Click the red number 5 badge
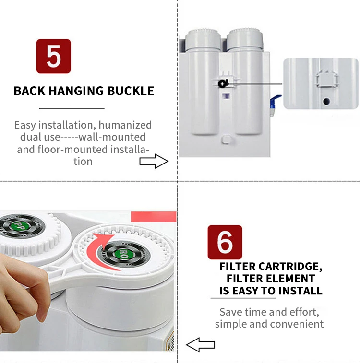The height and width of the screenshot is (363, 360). [x=53, y=56]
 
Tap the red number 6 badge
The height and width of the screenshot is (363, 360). [x=225, y=242]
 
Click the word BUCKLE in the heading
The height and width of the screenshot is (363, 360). [x=131, y=91]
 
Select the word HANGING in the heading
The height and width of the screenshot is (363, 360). [x=76, y=91]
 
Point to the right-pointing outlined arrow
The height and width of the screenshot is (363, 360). [x=154, y=161]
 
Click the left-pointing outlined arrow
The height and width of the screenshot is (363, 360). [x=201, y=345]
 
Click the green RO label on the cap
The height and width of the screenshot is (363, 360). [x=123, y=254]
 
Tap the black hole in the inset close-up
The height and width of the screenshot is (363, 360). [x=326, y=101]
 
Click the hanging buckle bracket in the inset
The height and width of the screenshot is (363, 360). [x=327, y=79]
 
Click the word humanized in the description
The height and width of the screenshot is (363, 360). [x=125, y=125]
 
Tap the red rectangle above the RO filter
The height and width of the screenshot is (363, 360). [x=154, y=217]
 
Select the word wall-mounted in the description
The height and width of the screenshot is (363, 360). [x=112, y=137]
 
